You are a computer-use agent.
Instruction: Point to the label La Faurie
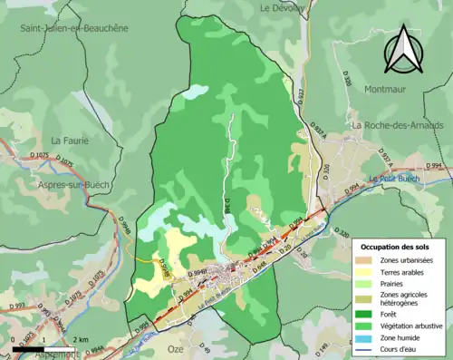pos(69,141)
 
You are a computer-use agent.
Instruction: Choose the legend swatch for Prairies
pos(368,285)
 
